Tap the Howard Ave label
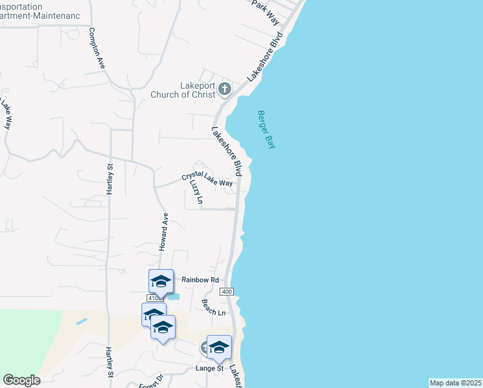[x=163, y=232]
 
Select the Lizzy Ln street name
[x=196, y=192]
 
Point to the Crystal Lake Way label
[x=207, y=178]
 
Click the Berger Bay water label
[x=266, y=129]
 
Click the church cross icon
[x=225, y=89]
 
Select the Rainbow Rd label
[x=200, y=279]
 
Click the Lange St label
[x=209, y=369]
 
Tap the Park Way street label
[x=266, y=13]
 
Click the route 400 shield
[x=226, y=292]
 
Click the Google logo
[x=21, y=380]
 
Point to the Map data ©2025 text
[x=455, y=383]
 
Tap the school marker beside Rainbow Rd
[x=161, y=281]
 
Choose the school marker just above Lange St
[x=219, y=347]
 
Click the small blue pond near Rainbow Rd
[x=173, y=297]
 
